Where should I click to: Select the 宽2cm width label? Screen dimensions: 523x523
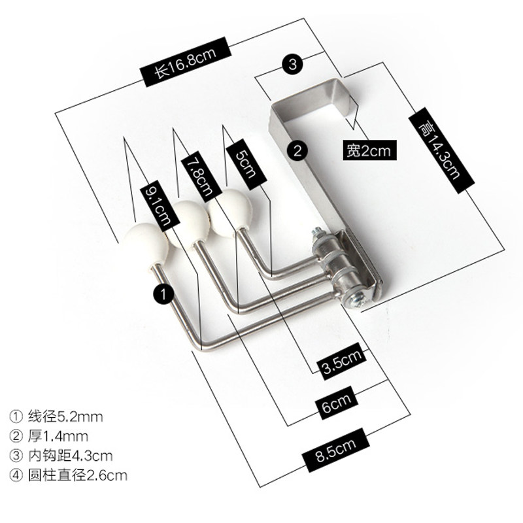[369, 152]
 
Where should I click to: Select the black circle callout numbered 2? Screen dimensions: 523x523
[297, 151]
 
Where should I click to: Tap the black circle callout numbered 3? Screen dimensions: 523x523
[292, 63]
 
